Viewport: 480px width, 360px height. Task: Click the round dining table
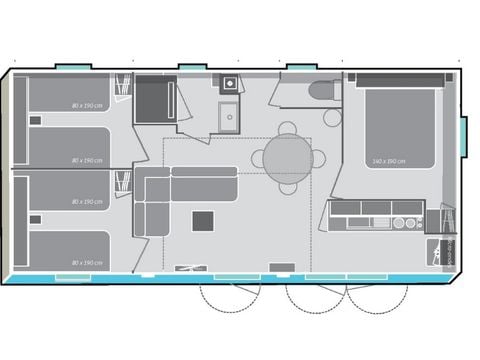click(x=288, y=157)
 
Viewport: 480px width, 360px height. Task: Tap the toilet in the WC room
click(x=323, y=91)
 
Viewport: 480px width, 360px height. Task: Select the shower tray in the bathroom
click(x=155, y=99)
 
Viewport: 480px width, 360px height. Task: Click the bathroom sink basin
click(x=229, y=118)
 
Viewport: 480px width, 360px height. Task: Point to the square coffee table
click(x=203, y=220)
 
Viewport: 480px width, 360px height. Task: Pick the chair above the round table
click(x=288, y=128)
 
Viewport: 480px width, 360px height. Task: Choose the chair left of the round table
click(x=258, y=158)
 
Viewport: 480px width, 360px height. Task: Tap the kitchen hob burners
click(x=408, y=222)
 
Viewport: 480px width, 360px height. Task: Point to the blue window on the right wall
click(x=463, y=137)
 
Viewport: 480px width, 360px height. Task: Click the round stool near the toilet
click(x=333, y=117)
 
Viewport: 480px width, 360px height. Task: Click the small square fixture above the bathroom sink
click(x=230, y=84)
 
